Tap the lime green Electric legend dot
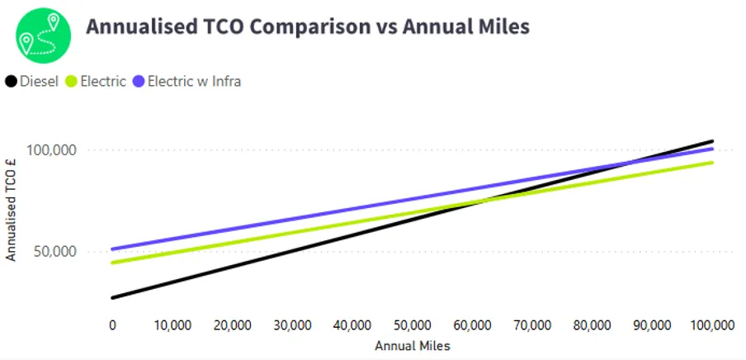point(70,81)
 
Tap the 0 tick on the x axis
point(112,324)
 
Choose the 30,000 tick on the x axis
point(292,324)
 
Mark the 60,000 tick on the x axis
point(472,324)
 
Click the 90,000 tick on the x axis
point(652,324)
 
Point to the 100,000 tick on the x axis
point(711,324)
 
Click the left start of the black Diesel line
point(113,297)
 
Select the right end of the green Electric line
point(712,162)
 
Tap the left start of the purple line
point(113,249)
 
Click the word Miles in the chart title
point(499,26)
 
